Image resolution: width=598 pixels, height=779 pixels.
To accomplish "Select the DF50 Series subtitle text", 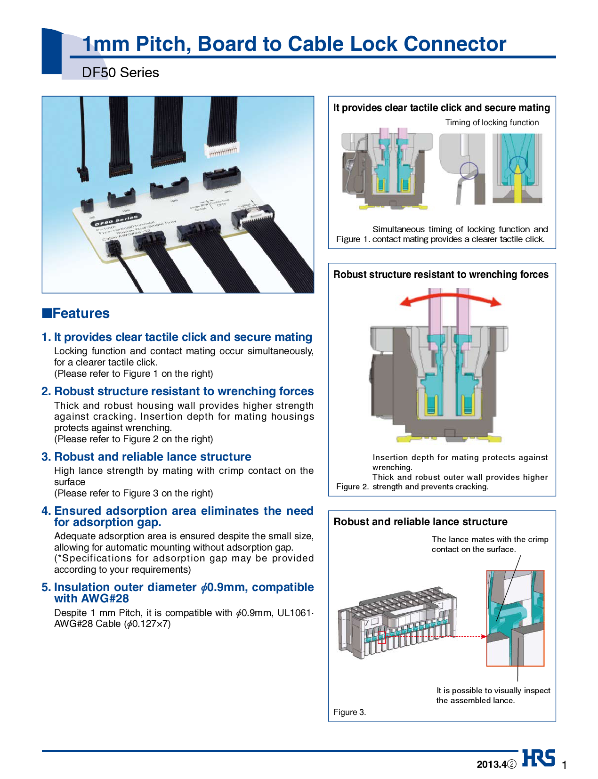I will click(120, 73).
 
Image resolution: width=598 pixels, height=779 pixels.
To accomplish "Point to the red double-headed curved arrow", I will click(450, 298).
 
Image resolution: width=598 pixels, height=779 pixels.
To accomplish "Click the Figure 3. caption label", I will click(349, 712).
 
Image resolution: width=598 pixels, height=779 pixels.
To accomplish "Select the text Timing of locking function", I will click(492, 122).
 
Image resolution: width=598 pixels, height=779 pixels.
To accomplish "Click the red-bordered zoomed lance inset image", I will click(515, 618).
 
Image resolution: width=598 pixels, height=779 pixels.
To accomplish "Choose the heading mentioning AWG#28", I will click(184, 592).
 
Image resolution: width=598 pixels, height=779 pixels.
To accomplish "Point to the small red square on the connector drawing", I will click(381, 638).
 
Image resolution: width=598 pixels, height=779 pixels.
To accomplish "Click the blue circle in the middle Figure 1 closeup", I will click(469, 170).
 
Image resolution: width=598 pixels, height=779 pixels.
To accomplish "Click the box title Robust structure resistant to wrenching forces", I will click(441, 275).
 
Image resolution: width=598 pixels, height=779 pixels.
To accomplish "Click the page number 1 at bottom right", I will click(564, 764).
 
